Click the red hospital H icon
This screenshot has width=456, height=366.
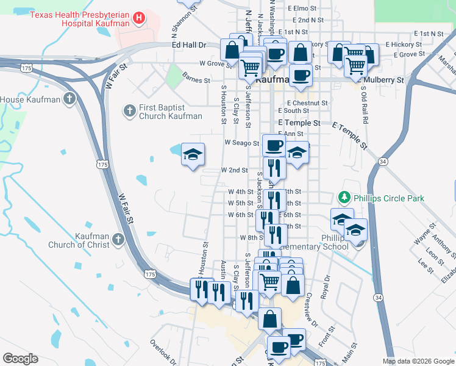pos(139,18)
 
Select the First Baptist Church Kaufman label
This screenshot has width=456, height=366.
pos(170,111)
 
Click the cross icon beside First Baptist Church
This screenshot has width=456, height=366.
pos(129,110)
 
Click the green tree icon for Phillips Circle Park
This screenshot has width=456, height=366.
pos(344,198)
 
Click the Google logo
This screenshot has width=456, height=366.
pos(20,359)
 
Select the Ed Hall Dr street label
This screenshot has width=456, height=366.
pos(190,45)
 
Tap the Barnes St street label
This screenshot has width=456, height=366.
pos(196,80)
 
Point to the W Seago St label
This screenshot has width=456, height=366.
pos(243,143)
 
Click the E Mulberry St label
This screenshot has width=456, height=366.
pos(381,80)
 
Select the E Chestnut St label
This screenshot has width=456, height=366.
pos(303,103)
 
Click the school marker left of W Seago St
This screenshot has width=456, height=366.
pos(193,155)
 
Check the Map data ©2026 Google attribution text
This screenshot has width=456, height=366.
pos(418,361)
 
